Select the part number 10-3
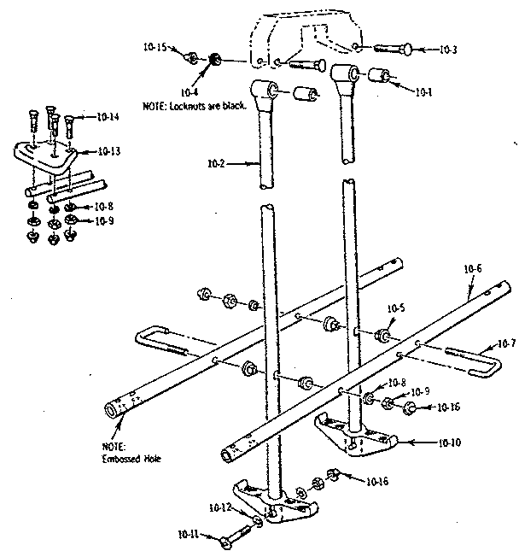448,50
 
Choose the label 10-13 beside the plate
108,151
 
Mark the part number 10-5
395,308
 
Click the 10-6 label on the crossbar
473,269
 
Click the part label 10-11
189,535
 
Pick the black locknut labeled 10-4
215,59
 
